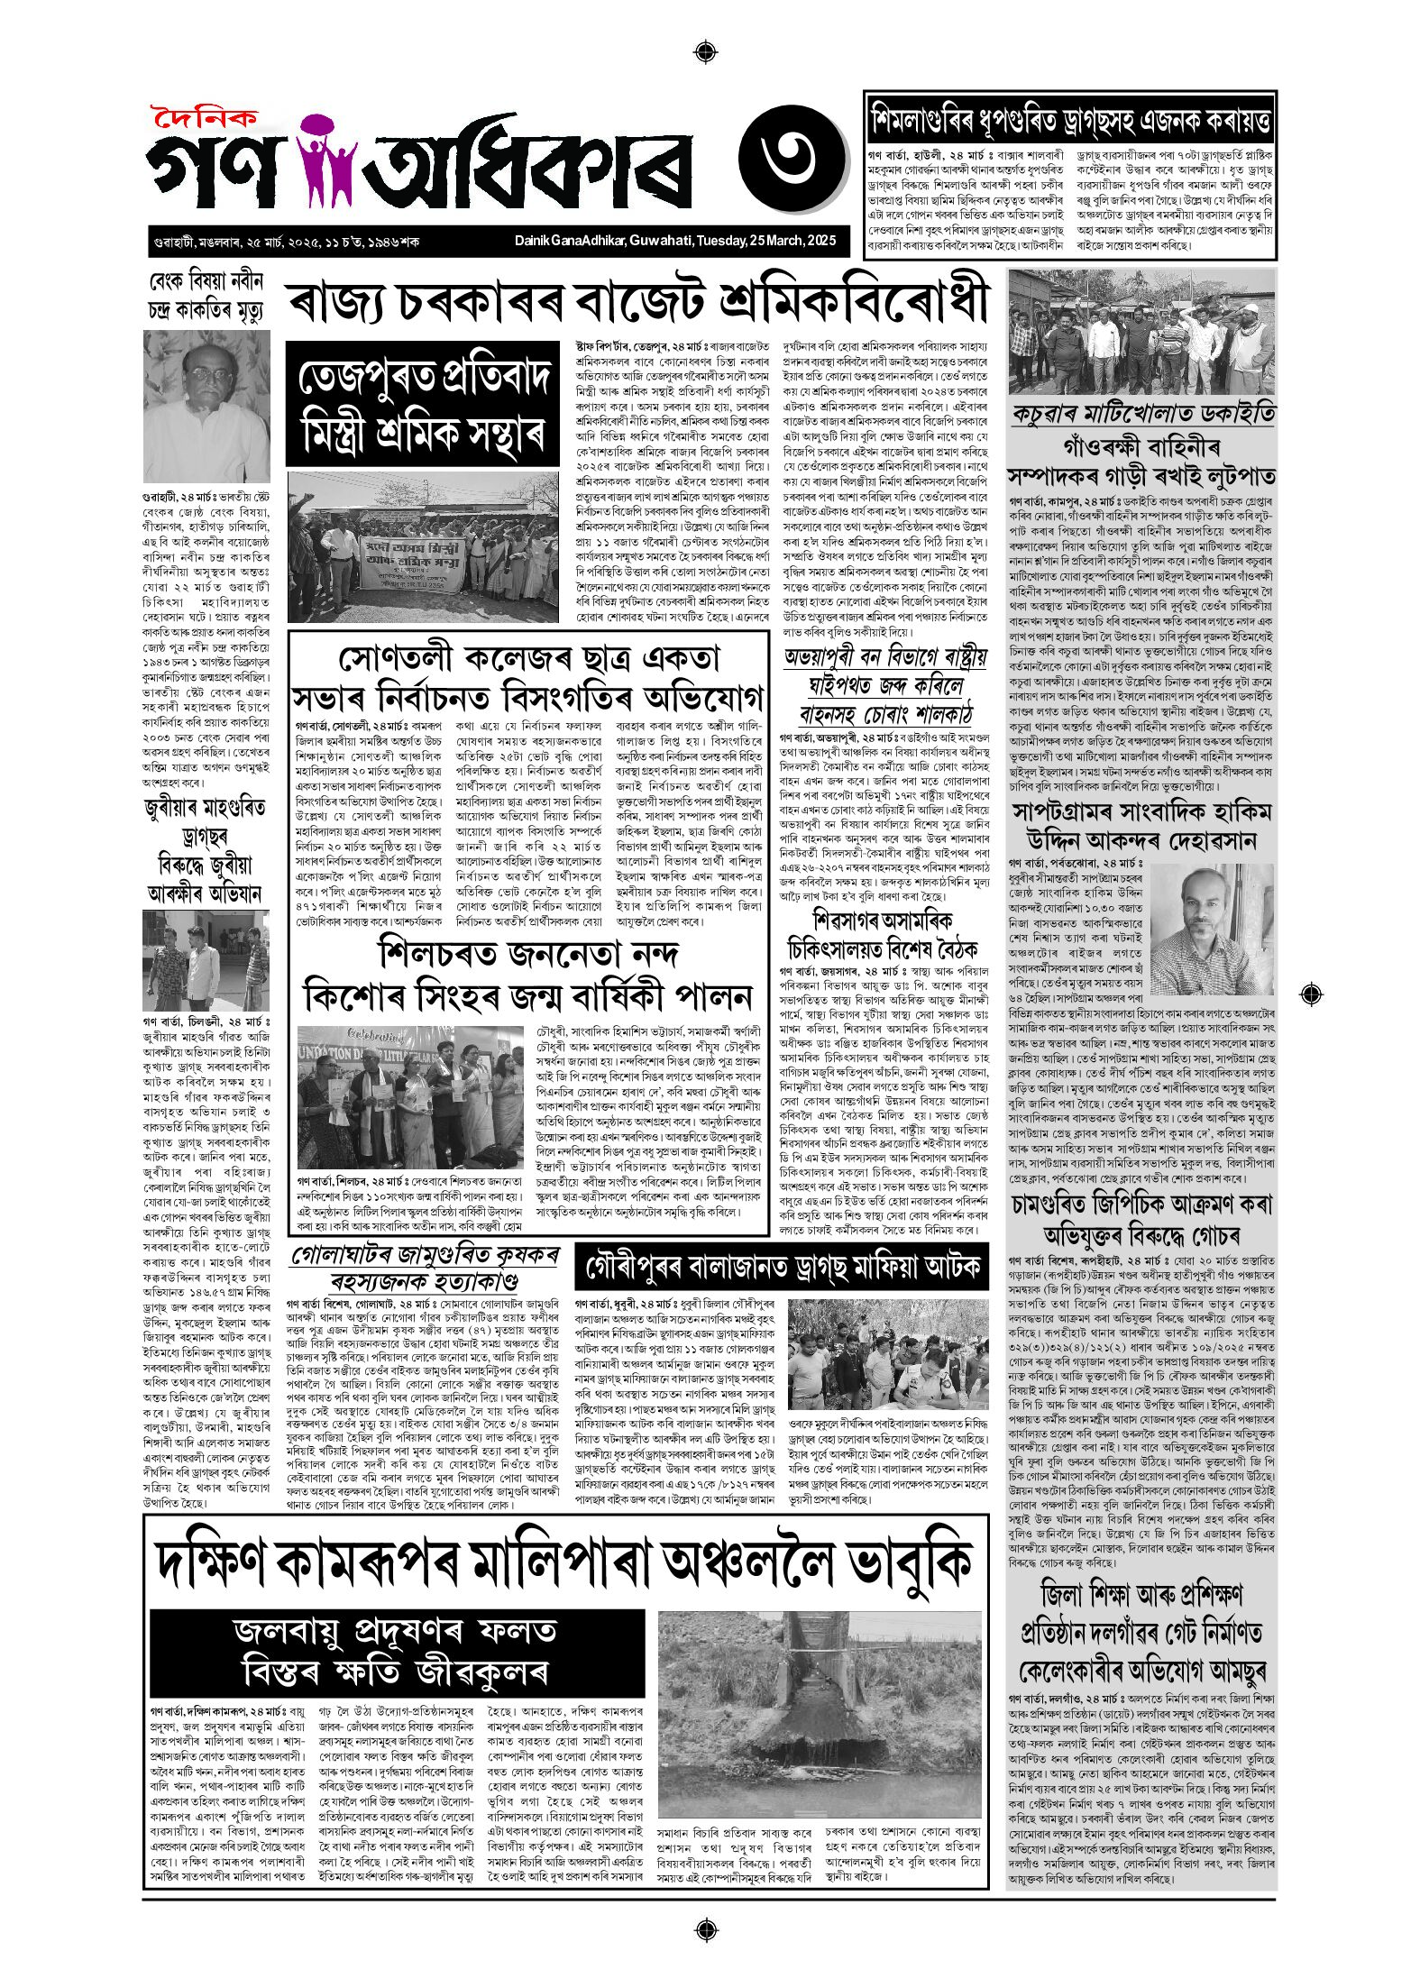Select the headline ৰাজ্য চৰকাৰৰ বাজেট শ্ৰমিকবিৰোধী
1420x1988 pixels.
click(638, 303)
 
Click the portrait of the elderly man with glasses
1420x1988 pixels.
click(206, 406)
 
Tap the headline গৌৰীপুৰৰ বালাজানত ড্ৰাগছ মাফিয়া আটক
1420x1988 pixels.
click(781, 1268)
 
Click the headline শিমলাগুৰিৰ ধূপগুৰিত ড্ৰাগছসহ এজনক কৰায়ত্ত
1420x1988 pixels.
click(1070, 118)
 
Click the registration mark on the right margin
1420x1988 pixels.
click(1312, 994)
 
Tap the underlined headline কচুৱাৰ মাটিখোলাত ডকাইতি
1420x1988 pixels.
click(1142, 414)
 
